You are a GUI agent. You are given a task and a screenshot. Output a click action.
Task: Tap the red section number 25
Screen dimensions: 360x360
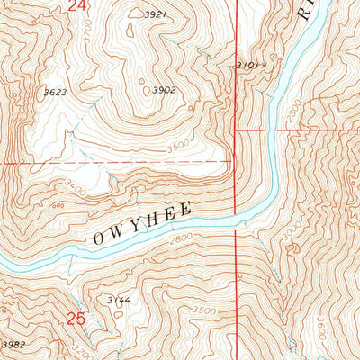pyautogui.click(x=76, y=318)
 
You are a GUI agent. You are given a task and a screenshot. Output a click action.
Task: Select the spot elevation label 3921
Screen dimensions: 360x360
pyautogui.click(x=157, y=14)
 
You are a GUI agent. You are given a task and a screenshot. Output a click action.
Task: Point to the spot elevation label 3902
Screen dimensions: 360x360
pyautogui.click(x=163, y=90)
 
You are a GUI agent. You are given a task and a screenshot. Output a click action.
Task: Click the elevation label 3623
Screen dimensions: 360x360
pyautogui.click(x=55, y=92)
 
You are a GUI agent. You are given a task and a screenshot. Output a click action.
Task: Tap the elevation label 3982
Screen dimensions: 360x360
pyautogui.click(x=13, y=345)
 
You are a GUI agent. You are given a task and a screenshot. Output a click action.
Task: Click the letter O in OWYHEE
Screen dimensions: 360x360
pyautogui.click(x=97, y=240)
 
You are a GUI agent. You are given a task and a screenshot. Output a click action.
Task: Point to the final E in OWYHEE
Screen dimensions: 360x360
pyautogui.click(x=186, y=209)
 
